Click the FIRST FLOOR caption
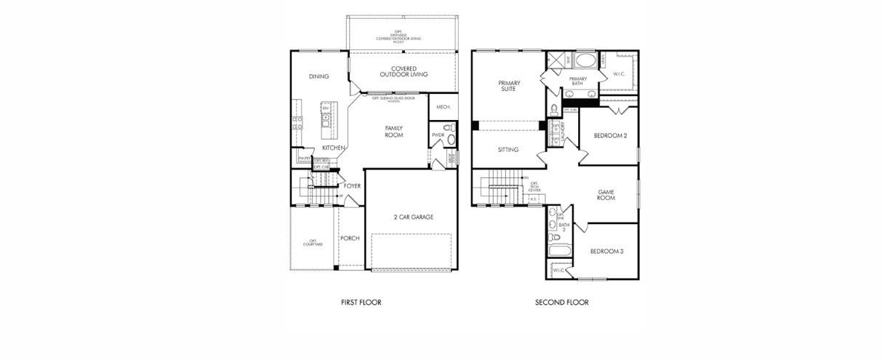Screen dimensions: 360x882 click(361, 303)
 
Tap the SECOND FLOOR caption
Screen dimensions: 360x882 click(561, 303)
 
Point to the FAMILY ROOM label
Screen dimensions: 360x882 click(393, 132)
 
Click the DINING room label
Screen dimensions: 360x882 click(318, 76)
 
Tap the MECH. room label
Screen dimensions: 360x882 click(444, 107)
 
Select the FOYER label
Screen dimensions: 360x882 click(352, 186)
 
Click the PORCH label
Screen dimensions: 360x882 click(350, 239)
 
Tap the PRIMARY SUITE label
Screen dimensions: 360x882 click(508, 86)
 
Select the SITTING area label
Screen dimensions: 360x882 click(508, 150)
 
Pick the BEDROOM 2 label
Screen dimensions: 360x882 click(609, 135)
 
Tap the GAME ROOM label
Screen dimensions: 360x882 click(606, 195)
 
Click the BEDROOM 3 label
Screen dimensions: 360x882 click(606, 252)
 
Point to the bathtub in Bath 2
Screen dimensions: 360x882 click(558, 252)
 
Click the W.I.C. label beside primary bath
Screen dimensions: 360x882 click(619, 73)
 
